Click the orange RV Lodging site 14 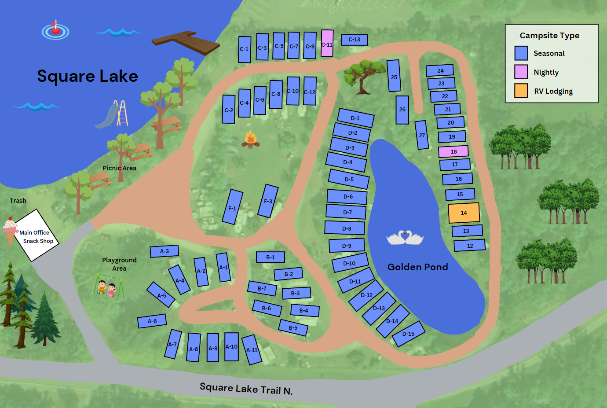[x=464, y=213]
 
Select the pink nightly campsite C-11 [x=327, y=44]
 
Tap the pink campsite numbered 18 [x=453, y=151]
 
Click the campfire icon [x=251, y=140]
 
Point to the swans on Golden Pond [x=405, y=238]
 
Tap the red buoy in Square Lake [x=55, y=30]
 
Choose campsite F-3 [x=268, y=201]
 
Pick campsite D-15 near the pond [x=408, y=334]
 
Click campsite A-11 [x=252, y=350]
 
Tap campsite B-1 [x=270, y=257]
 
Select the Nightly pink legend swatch [x=521, y=72]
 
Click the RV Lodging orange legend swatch [x=521, y=91]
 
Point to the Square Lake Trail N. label [x=246, y=389]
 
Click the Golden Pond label [x=417, y=267]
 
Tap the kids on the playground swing [x=106, y=288]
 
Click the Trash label [x=18, y=201]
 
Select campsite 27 [x=422, y=135]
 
